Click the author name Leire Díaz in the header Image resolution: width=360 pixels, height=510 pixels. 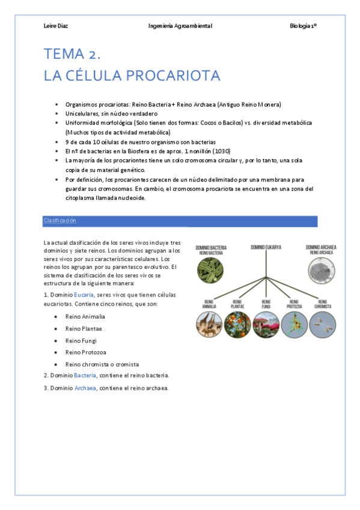[56, 26]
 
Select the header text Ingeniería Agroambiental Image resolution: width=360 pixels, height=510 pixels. [180, 26]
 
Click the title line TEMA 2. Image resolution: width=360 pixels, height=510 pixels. [72, 54]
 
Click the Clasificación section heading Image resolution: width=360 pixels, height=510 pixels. [59, 221]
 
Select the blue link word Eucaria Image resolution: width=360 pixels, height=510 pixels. [84, 295]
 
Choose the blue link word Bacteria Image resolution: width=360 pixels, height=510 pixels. [85, 375]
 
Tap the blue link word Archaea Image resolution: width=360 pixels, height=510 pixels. [85, 388]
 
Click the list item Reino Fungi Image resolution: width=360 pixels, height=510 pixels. [82, 340]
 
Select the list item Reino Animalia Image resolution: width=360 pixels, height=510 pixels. [85, 316]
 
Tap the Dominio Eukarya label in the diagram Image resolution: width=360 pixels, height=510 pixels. [266, 247]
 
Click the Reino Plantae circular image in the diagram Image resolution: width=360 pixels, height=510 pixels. [236, 325]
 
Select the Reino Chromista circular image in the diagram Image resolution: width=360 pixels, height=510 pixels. [322, 325]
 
